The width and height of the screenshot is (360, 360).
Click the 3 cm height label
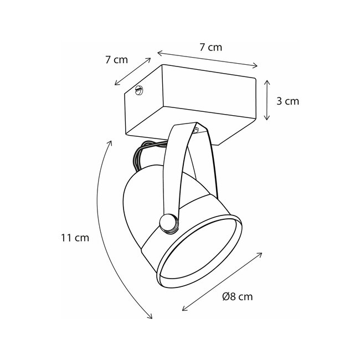pos(287,101)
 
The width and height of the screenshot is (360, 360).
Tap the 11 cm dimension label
pos(75,238)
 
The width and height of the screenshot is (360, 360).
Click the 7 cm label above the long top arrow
pos(210,48)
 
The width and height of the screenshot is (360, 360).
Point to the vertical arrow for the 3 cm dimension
pos(268,100)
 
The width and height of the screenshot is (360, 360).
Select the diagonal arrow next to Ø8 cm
pos(222,281)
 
